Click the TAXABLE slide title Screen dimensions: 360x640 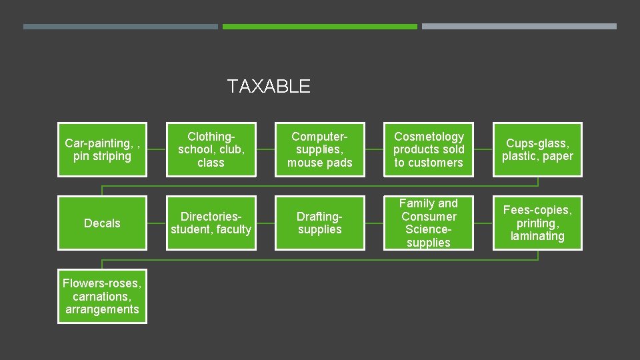(x=268, y=86)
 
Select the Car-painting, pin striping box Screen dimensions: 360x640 (x=102, y=149)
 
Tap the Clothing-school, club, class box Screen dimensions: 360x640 (x=211, y=149)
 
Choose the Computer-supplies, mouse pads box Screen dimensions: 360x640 (x=320, y=149)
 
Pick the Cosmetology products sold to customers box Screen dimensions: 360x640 (x=429, y=149)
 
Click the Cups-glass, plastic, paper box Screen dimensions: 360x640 (x=537, y=149)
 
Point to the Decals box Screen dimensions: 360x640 (x=102, y=223)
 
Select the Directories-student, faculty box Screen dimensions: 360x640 (x=211, y=223)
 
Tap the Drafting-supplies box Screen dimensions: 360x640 (x=320, y=223)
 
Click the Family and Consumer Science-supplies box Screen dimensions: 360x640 (x=429, y=223)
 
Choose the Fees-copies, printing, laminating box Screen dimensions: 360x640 (x=537, y=223)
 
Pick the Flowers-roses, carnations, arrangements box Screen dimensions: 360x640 (x=102, y=296)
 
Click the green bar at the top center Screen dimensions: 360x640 (x=320, y=27)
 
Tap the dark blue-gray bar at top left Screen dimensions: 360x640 (x=121, y=27)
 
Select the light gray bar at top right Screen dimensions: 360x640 (x=519, y=27)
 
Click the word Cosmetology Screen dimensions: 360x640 (x=429, y=137)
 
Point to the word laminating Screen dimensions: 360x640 (x=537, y=236)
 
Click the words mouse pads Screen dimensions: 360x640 (x=320, y=163)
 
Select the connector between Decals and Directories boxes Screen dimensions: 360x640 (x=157, y=223)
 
